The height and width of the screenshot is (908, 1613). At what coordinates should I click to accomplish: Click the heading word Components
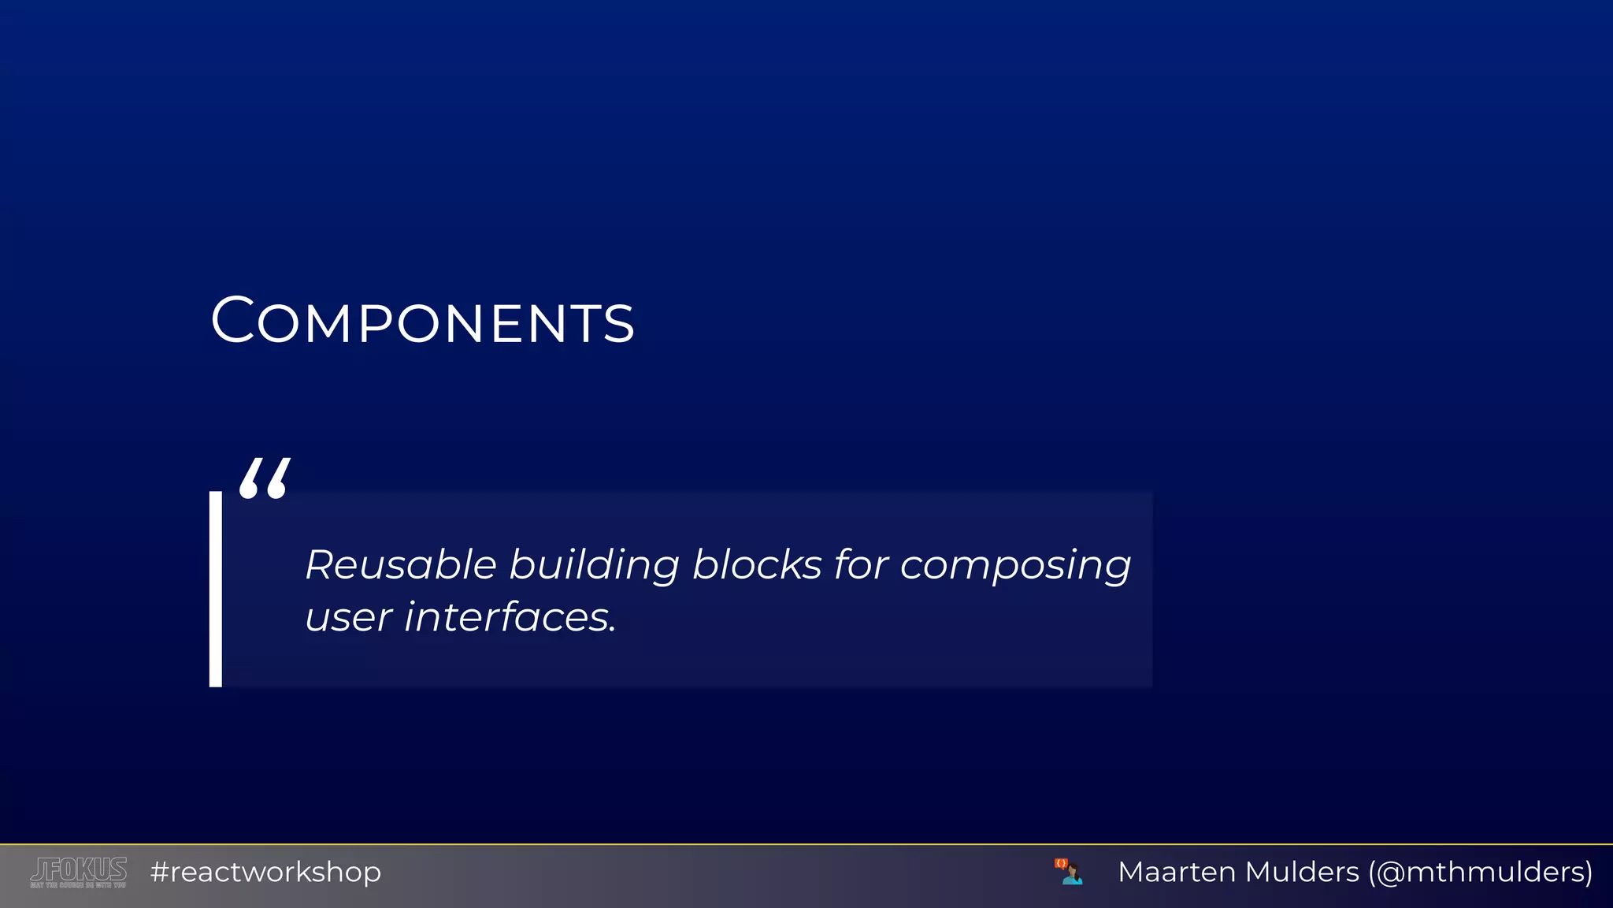coord(422,321)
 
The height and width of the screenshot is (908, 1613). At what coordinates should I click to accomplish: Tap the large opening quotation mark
coord(265,478)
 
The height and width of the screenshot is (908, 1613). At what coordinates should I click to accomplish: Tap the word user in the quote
coord(348,617)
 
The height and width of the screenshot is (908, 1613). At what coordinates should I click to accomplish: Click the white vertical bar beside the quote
coord(216,589)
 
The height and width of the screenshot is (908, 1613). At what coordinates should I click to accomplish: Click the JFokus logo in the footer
coord(79,872)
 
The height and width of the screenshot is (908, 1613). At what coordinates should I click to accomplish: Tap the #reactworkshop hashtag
coord(266,873)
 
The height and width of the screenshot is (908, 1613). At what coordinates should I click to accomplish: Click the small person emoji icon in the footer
coord(1069,872)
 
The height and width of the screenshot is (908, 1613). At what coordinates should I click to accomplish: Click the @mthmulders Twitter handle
coord(1481,872)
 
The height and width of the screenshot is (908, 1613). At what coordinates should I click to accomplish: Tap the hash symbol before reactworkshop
coord(160,873)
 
